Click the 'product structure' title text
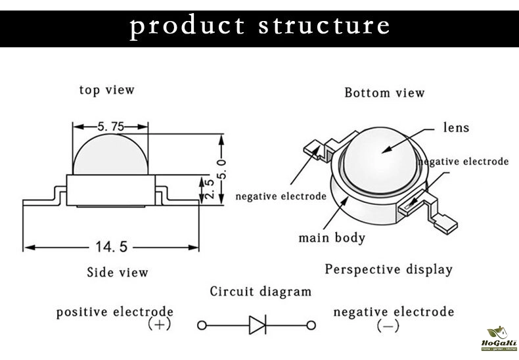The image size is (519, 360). coord(259,26)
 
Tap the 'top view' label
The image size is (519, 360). coord(106,90)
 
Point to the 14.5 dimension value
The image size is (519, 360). coord(110,247)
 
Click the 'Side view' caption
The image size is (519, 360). coord(118,272)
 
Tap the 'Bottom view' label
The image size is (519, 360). coord(384,93)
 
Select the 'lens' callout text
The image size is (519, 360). coord(457,127)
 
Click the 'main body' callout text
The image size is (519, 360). coord(332,237)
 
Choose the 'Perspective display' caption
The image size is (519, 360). coord(388,269)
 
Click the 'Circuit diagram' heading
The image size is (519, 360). coord(260,291)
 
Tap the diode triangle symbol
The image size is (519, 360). coord(257,325)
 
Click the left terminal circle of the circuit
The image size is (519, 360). coord(202,325)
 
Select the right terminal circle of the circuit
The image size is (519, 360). coord(311,325)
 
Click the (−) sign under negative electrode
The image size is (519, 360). coord(388,325)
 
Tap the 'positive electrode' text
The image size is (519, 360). coord(114,311)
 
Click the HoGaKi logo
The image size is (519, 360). coord(500,340)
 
